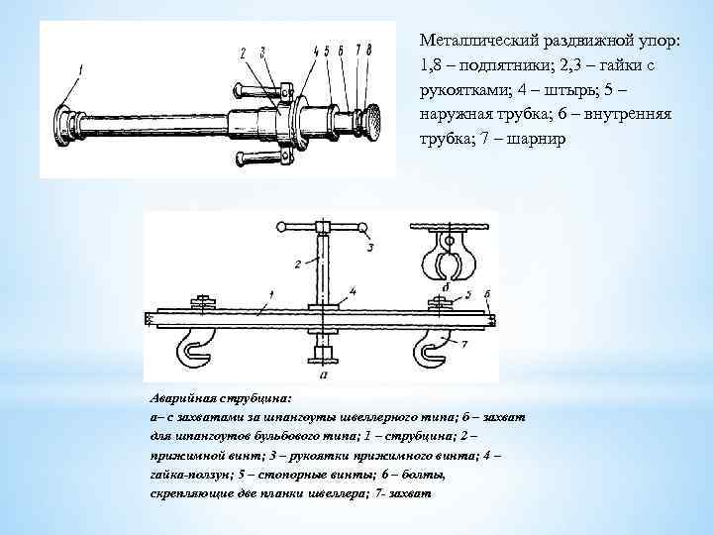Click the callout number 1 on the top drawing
82,68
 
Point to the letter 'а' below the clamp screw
324,375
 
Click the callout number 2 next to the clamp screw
296,264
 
